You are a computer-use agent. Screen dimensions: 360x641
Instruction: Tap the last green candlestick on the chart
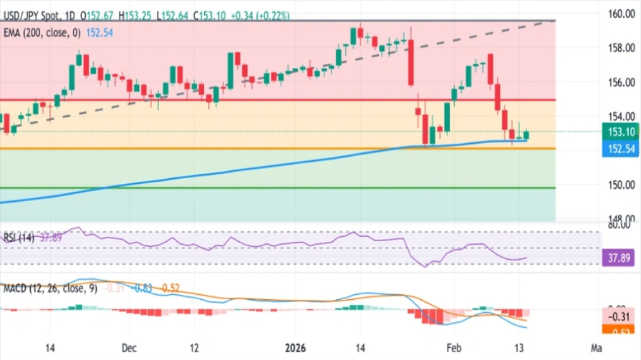(527, 135)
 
